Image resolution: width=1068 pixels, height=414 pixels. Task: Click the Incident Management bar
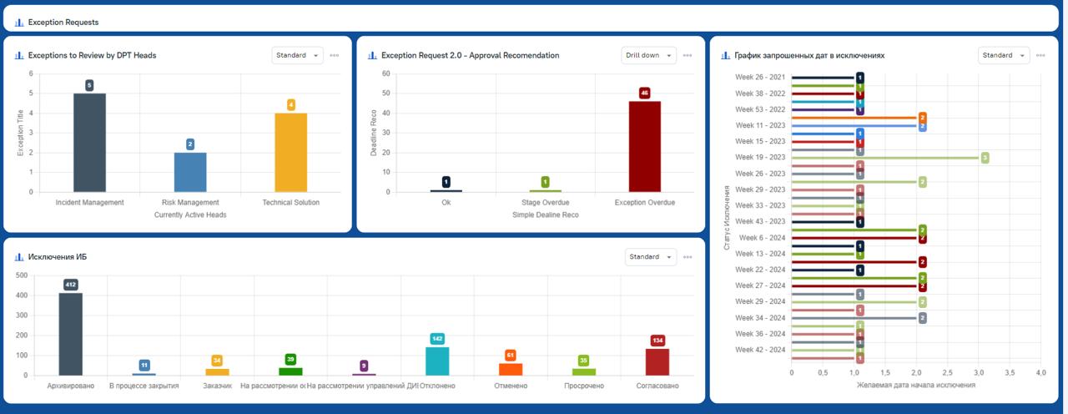click(89, 142)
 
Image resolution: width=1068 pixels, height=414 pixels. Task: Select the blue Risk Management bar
click(190, 172)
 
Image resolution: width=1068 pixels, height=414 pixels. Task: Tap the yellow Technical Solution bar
click(290, 152)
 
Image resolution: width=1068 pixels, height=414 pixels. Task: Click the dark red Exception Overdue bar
click(644, 146)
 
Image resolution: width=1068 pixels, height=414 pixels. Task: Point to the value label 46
click(644, 93)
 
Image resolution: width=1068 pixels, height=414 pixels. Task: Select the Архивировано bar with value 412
click(70, 334)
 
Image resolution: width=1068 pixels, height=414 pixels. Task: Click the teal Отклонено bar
click(437, 361)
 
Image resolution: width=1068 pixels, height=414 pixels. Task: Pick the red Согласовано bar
click(657, 361)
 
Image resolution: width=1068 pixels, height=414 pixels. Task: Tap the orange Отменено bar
click(511, 369)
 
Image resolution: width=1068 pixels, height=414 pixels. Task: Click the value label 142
click(437, 338)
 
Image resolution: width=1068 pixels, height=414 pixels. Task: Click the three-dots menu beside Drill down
click(688, 55)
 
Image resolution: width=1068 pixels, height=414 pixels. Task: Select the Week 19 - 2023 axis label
click(760, 157)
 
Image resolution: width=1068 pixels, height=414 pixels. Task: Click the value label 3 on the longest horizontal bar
click(985, 157)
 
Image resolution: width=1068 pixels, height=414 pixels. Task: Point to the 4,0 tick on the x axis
click(1040, 372)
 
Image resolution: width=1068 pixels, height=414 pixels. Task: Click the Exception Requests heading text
click(63, 23)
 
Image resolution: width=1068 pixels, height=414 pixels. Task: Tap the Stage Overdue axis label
click(545, 202)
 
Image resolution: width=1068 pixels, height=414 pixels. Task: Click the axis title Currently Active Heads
click(190, 215)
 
